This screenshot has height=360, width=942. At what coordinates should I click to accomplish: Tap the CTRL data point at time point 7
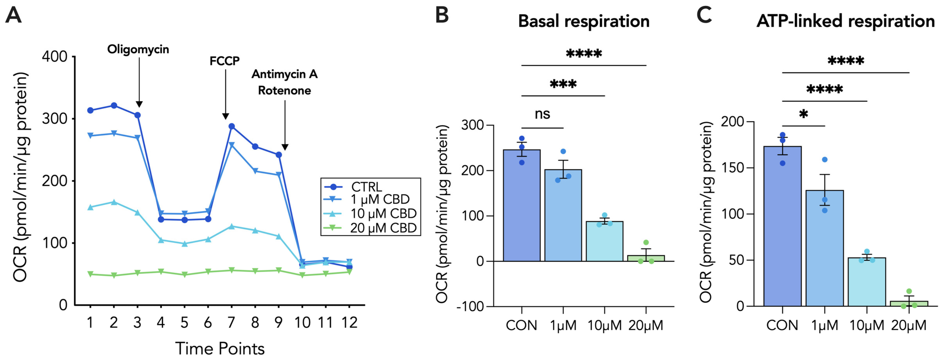(232, 126)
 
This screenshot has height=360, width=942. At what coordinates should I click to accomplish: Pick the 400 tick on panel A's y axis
(55, 57)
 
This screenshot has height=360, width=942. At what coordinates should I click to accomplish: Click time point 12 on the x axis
(349, 323)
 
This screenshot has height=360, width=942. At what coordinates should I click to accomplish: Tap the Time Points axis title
(220, 349)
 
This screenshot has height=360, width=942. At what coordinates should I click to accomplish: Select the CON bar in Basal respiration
(521, 205)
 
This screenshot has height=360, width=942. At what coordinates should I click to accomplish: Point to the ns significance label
(542, 114)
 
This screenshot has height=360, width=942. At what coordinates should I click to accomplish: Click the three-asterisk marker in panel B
(563, 84)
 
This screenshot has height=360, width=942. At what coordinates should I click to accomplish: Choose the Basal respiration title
(584, 21)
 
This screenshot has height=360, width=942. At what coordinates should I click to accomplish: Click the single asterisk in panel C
(803, 114)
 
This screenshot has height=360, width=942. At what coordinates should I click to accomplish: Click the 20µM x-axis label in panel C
(909, 325)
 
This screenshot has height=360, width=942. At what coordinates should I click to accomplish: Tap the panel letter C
(704, 15)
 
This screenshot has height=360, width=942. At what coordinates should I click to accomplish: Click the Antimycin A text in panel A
(284, 74)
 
